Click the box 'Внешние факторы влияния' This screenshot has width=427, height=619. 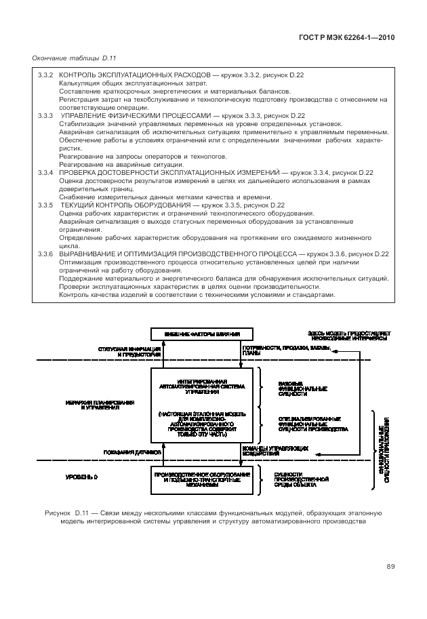click(x=201, y=334)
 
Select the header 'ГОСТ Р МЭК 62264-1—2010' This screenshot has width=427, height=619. click(x=346, y=39)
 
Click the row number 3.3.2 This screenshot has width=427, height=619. click(x=45, y=74)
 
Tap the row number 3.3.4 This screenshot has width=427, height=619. click(x=45, y=173)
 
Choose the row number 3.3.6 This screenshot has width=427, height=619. click(x=45, y=254)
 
